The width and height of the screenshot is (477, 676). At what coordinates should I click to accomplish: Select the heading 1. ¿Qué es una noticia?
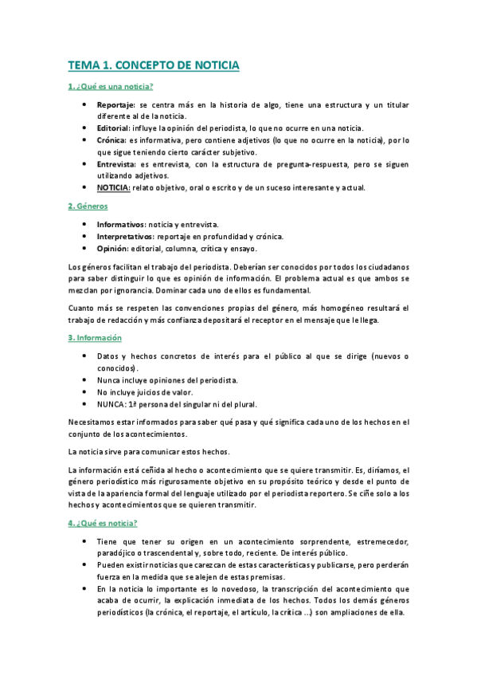[111, 86]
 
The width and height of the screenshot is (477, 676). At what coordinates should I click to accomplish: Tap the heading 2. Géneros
[88, 206]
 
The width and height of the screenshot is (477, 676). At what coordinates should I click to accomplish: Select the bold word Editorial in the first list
[113, 128]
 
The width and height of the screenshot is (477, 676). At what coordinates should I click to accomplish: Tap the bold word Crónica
[111, 140]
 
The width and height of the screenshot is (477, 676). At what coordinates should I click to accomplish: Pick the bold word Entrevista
[115, 163]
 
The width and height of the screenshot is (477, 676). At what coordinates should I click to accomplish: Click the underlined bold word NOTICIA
[113, 187]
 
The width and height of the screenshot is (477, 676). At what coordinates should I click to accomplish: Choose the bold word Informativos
[122, 225]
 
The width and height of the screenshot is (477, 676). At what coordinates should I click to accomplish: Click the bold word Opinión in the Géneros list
[113, 249]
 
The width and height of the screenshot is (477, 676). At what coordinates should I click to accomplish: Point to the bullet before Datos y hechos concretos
[85, 356]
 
